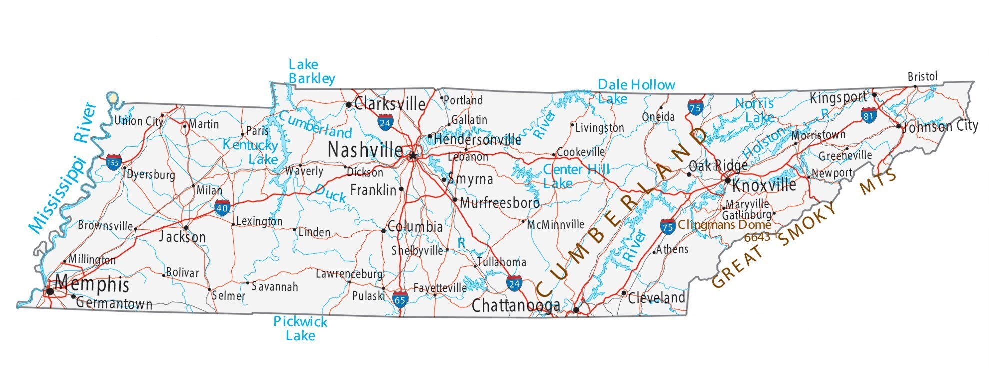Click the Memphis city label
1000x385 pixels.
92,284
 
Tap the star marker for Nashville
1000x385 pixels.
412,156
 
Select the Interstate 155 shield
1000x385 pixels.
113,162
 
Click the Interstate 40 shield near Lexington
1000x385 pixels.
223,207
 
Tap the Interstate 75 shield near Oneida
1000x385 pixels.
695,106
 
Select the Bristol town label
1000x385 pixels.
922,76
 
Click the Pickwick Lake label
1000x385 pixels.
300,328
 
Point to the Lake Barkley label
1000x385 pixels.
311,71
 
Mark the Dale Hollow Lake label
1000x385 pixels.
636,91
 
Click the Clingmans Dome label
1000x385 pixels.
724,225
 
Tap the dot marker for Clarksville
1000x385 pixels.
348,104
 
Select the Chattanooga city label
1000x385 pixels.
516,305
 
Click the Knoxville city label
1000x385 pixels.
764,185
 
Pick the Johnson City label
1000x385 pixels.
940,126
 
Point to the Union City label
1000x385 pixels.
139,121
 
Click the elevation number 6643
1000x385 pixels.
757,237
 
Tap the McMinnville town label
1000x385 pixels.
556,224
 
